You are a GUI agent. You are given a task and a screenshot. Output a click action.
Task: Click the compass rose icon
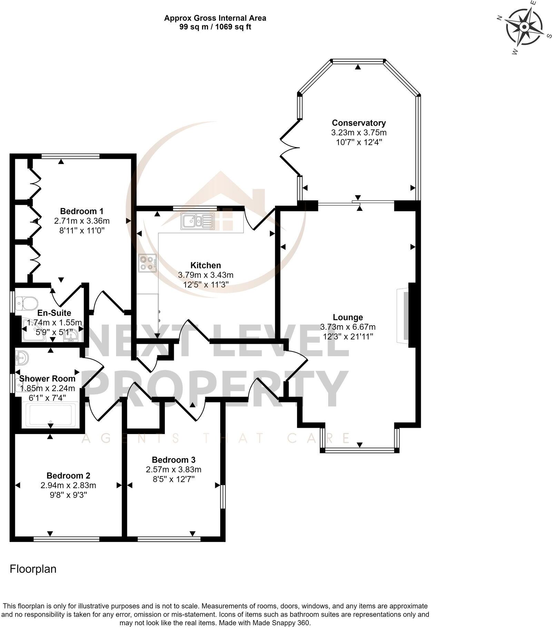coord(524,27)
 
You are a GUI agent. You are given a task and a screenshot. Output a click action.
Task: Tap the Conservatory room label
coord(358,123)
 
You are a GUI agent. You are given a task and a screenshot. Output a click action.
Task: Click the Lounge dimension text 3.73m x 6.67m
coord(348,327)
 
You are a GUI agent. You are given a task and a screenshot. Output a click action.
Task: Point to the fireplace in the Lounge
coord(403,315)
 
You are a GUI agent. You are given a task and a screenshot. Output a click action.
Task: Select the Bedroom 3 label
coord(174,460)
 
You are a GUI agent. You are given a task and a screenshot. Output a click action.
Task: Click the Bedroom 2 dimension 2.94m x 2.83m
coord(68,485)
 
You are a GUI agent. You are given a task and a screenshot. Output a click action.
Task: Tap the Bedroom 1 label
coord(82,211)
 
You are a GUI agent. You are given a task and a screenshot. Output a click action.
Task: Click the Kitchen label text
coord(206,265)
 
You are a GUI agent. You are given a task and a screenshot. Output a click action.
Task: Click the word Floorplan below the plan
coord(33,569)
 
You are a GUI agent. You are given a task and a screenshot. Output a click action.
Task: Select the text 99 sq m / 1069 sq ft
coord(215,27)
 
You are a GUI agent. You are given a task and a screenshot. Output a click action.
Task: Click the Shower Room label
coord(47,378)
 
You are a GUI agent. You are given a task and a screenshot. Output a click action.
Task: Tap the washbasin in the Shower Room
coord(22,358)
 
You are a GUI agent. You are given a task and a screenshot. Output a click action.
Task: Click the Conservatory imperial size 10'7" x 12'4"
coord(358,142)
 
